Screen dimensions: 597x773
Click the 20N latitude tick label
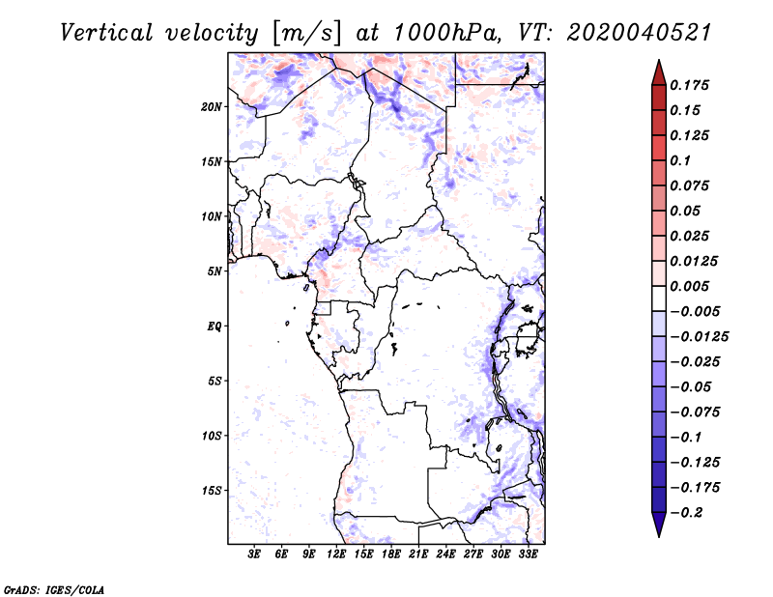(212, 106)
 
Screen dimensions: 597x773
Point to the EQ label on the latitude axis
(215, 327)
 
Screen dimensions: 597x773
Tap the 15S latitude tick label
(212, 491)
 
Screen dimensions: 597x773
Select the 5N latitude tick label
(215, 271)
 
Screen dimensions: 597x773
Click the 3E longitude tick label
(255, 554)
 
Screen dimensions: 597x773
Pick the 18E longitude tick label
(391, 554)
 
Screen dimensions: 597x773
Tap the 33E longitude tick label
(528, 554)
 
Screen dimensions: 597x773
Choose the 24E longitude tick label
(446, 554)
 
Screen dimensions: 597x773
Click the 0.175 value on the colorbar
(692, 85)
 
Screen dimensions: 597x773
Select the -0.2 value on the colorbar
(689, 512)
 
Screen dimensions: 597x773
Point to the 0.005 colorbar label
(692, 286)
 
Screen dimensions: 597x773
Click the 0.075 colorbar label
(692, 185)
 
